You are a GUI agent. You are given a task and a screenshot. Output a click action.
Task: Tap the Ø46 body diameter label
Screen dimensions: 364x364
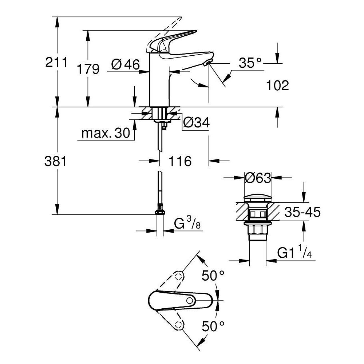tap(126, 65)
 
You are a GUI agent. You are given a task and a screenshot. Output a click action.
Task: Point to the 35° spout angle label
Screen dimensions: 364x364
tap(250, 63)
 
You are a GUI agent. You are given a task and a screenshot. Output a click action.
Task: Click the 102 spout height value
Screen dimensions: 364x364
tap(277, 86)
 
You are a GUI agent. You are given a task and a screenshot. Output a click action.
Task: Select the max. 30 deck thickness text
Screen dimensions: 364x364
tap(106, 134)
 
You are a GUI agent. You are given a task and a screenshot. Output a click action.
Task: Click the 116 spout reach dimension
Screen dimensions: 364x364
tap(180, 161)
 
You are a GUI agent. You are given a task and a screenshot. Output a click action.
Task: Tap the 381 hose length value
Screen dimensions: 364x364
tap(55, 161)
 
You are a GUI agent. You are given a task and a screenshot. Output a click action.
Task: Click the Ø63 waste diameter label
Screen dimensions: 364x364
tap(258, 178)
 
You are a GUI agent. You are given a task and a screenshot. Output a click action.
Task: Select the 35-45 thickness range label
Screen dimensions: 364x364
tap(302, 212)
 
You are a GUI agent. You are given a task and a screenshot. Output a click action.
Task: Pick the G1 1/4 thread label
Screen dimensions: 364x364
tap(295, 252)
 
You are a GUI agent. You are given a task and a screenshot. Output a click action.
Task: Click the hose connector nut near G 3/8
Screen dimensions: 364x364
tap(159, 211)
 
